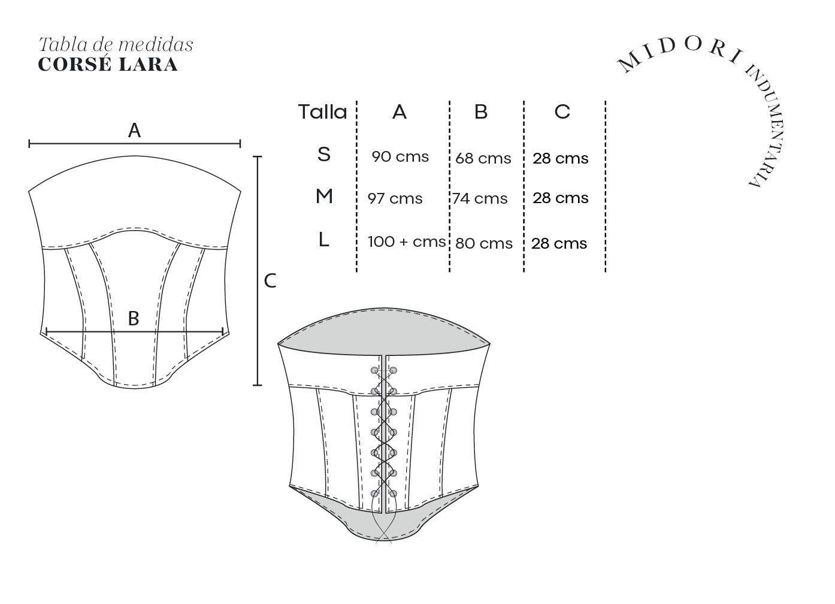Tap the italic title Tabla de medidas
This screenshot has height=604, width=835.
(x=116, y=44)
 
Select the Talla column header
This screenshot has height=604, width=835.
(x=322, y=112)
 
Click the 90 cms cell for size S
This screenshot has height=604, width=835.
(x=400, y=157)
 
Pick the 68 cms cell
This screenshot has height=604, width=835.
(x=483, y=158)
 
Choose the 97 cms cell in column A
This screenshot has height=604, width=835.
(x=395, y=199)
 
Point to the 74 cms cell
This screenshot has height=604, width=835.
(x=480, y=199)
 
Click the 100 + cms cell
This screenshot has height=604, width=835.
(x=407, y=242)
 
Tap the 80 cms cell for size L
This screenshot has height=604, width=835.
(x=484, y=243)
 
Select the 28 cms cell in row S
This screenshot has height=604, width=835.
(x=560, y=158)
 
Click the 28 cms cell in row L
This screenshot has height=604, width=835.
(x=559, y=243)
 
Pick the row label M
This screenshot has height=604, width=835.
(x=324, y=196)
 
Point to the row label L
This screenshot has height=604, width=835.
(x=323, y=239)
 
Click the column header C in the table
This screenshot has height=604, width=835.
(x=562, y=111)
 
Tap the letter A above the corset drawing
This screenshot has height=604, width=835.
(x=135, y=130)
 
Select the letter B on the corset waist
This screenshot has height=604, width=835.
(x=134, y=319)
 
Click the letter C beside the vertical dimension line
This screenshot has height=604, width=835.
(x=270, y=281)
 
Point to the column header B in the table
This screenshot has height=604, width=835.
(x=481, y=111)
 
